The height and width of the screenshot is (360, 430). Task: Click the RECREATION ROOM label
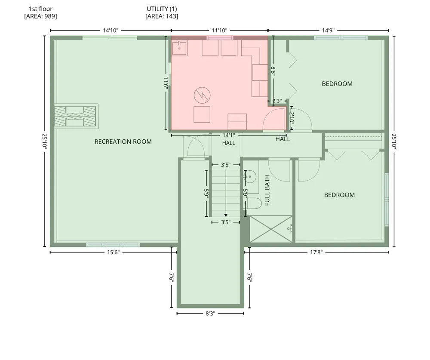(123, 142)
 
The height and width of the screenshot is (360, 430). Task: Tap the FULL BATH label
(267, 190)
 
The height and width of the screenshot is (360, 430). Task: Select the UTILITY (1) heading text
(162, 9)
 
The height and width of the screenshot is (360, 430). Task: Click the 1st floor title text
(40, 9)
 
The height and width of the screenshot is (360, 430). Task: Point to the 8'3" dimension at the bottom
(210, 314)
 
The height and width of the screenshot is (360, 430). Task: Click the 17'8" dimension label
(316, 252)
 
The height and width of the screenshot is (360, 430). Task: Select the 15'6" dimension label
(113, 252)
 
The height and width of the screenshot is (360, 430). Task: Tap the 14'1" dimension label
(229, 135)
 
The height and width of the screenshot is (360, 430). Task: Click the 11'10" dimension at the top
(219, 30)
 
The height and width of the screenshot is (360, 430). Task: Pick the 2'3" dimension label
(277, 101)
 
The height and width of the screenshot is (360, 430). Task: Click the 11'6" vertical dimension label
(166, 82)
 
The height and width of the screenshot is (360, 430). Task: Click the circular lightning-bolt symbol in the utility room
(202, 95)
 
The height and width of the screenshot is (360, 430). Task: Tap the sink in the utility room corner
(179, 48)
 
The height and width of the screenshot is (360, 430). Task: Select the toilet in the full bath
(252, 203)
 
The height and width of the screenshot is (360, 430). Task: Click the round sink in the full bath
(249, 177)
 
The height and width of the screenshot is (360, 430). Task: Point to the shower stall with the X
(271, 229)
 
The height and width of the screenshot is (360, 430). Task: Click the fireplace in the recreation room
(76, 116)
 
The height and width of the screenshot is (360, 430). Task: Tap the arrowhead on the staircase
(226, 215)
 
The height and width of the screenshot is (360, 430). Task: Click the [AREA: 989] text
(40, 16)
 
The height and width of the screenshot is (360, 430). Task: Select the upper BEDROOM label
(337, 84)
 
